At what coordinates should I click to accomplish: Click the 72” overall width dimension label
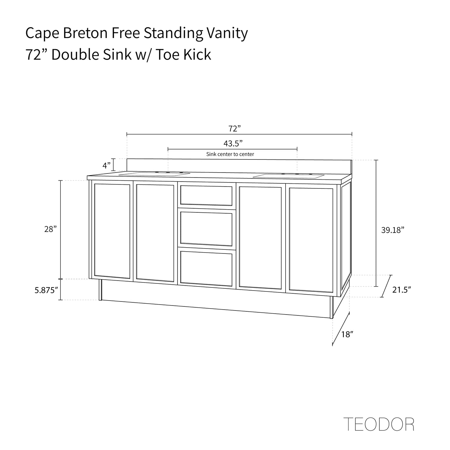pyautogui.click(x=235, y=128)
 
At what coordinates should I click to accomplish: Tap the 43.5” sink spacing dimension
pyautogui.click(x=233, y=143)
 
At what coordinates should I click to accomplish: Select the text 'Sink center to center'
pyautogui.click(x=230, y=154)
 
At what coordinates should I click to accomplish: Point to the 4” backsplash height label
pyautogui.click(x=107, y=165)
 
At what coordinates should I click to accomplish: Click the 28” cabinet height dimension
pyautogui.click(x=50, y=229)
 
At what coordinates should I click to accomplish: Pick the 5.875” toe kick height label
pyautogui.click(x=46, y=290)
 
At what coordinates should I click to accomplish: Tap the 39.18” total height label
pyautogui.click(x=392, y=230)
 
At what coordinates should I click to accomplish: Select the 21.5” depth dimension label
pyautogui.click(x=401, y=290)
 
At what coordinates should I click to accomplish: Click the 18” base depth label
pyautogui.click(x=347, y=334)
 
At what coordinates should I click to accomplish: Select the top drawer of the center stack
pyautogui.click(x=206, y=195)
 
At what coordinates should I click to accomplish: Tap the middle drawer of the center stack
pyautogui.click(x=206, y=228)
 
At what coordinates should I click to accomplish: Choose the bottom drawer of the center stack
pyautogui.click(x=206, y=268)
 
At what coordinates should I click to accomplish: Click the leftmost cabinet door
pyautogui.click(x=112, y=231)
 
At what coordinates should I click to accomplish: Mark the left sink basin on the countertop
pyautogui.click(x=154, y=174)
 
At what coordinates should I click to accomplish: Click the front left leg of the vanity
pyautogui.click(x=100, y=290)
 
